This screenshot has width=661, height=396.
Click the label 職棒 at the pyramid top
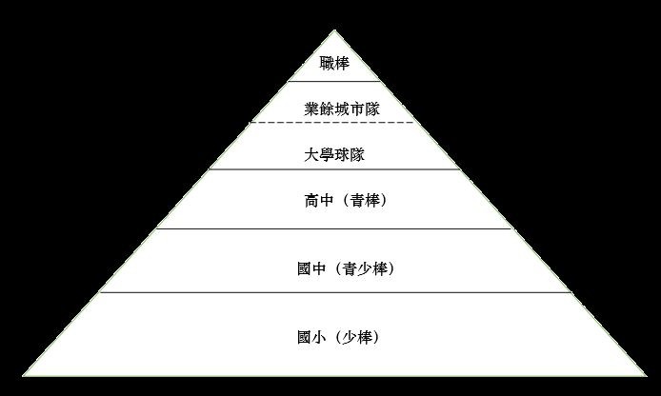[x=334, y=64]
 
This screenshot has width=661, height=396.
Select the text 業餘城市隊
[x=342, y=109]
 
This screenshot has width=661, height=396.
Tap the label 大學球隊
[x=334, y=154]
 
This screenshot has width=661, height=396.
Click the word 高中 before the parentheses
[x=319, y=201]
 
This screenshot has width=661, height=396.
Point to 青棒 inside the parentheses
[x=365, y=201]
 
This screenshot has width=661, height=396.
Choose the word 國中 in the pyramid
[x=311, y=268]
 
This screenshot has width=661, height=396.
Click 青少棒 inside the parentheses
[x=365, y=268]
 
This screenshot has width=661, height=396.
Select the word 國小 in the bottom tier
[x=311, y=337]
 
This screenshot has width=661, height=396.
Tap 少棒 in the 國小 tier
[x=357, y=337]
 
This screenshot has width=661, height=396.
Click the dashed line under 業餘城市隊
[x=332, y=123]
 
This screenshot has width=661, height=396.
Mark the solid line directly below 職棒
[x=334, y=81]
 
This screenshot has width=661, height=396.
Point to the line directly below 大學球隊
[x=334, y=169]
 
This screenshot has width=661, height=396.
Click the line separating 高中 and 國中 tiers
[x=334, y=228]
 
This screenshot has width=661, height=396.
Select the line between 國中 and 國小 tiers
[x=335, y=292]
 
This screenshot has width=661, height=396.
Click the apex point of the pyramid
[x=334, y=30]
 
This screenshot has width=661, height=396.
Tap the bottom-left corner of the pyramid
[x=23, y=375]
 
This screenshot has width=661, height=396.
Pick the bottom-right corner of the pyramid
[x=647, y=375]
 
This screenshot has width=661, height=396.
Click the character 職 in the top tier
[x=327, y=64]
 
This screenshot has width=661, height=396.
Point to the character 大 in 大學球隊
[x=311, y=154]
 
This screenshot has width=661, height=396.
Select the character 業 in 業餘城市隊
[x=311, y=109]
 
